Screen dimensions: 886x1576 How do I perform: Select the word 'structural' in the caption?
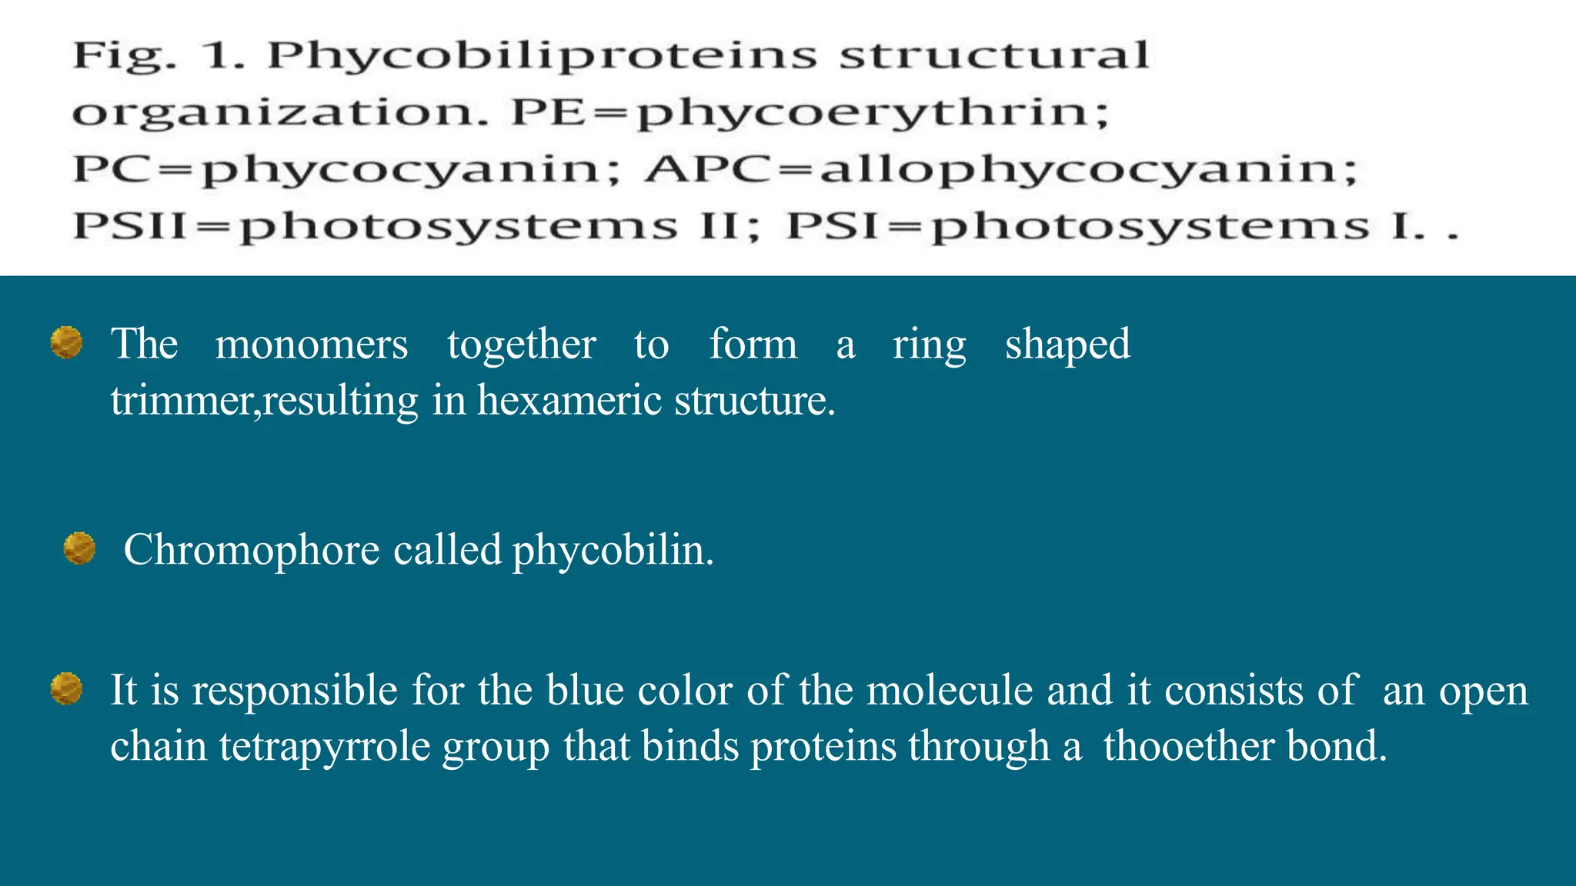(x=993, y=55)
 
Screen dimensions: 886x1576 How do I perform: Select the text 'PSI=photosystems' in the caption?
(x=1078, y=227)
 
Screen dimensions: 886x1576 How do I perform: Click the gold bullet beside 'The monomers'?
(x=67, y=343)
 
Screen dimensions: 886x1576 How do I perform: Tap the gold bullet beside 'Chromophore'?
(x=79, y=548)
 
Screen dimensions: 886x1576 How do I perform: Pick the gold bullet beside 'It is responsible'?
(x=67, y=688)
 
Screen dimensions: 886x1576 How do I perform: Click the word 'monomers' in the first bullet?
(x=312, y=344)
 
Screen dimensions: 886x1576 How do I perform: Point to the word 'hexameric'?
(x=569, y=401)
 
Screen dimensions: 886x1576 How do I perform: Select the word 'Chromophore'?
(x=252, y=551)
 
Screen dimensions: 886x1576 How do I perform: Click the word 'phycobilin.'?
(x=613, y=551)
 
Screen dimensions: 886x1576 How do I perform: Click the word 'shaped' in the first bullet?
(x=1067, y=344)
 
